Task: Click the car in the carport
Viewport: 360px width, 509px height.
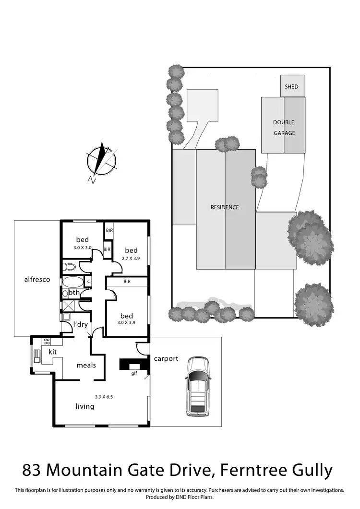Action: (198, 386)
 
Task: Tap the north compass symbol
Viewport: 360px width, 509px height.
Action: (102, 161)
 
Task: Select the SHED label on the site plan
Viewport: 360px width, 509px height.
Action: (291, 87)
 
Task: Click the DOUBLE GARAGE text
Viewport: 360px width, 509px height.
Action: (284, 128)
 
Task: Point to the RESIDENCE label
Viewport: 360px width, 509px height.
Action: (225, 208)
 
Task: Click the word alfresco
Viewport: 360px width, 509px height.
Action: (37, 279)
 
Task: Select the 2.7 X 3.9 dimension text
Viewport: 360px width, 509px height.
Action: (131, 258)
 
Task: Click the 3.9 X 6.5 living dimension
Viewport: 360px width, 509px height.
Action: (104, 397)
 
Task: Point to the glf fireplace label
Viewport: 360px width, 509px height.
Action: (134, 373)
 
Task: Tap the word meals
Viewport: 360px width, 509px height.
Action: (86, 365)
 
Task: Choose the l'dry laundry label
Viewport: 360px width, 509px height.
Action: (80, 324)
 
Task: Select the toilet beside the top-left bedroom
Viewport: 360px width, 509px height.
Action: (70, 267)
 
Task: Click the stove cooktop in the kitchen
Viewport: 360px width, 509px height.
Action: (47, 341)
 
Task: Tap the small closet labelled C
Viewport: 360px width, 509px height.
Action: (88, 282)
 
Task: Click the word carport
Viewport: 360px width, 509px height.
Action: (166, 358)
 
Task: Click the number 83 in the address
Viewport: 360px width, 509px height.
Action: (34, 470)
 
